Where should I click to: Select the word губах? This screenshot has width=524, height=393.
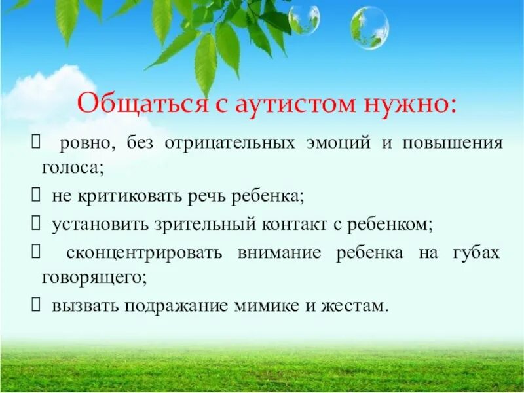476,253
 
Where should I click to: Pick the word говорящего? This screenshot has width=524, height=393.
91,278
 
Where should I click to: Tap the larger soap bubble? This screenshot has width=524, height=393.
369,28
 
